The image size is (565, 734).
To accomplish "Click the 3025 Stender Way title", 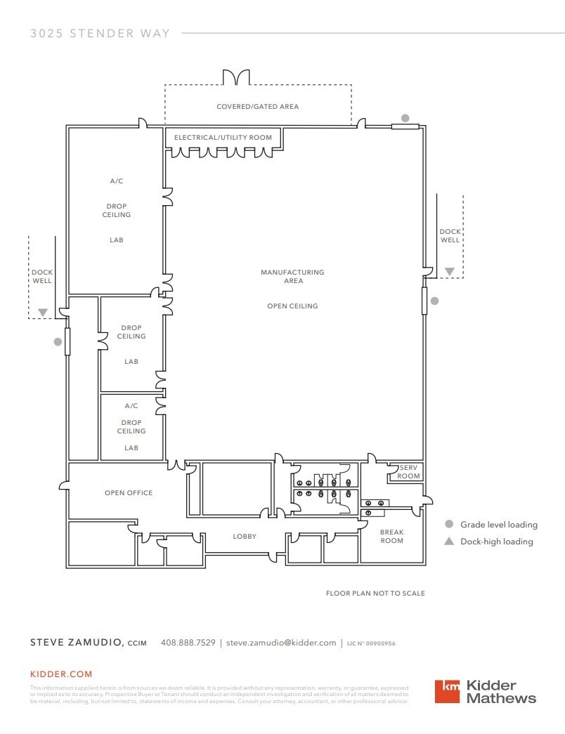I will (x=100, y=33).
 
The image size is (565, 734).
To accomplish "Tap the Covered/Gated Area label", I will (x=257, y=107).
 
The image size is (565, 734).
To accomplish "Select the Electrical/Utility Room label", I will (x=223, y=137).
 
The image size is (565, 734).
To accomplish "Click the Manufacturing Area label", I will (x=292, y=276).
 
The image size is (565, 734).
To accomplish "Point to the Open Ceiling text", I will (x=292, y=306).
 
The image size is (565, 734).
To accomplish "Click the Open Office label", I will (x=129, y=493).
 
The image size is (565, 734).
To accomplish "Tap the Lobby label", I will (x=245, y=537).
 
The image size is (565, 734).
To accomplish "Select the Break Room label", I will (x=391, y=537).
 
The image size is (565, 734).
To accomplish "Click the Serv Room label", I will (x=409, y=471).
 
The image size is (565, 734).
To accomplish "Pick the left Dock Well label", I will (x=42, y=277).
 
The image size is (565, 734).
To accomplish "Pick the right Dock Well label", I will (x=450, y=236).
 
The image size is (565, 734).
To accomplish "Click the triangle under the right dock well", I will (x=449, y=271).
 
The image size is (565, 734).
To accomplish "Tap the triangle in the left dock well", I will (x=43, y=312).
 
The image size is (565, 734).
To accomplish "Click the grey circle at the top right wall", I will (x=405, y=118).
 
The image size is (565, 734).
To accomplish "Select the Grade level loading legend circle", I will (x=449, y=524).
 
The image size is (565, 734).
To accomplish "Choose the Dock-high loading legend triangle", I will (x=449, y=541).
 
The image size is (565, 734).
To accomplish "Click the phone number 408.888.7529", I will (x=188, y=643).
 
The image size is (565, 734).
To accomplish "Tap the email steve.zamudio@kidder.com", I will (x=281, y=643).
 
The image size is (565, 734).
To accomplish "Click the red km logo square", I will (x=447, y=691).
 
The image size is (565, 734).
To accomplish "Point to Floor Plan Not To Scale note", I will (x=375, y=594).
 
